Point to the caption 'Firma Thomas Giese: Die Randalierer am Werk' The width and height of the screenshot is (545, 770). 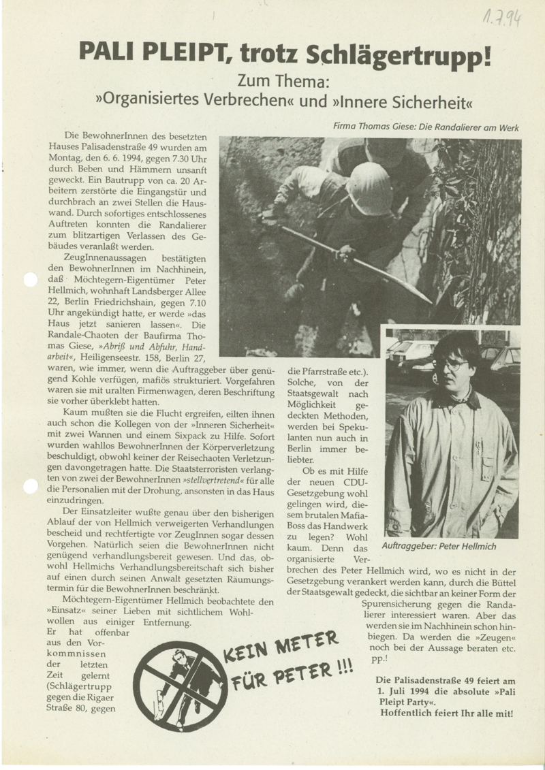[x=426, y=127]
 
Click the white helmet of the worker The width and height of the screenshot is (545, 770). [x=369, y=189]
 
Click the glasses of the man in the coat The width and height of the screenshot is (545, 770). [x=450, y=365]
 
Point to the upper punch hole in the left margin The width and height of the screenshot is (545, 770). [x=30, y=280]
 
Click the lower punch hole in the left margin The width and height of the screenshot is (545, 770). [x=30, y=485]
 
